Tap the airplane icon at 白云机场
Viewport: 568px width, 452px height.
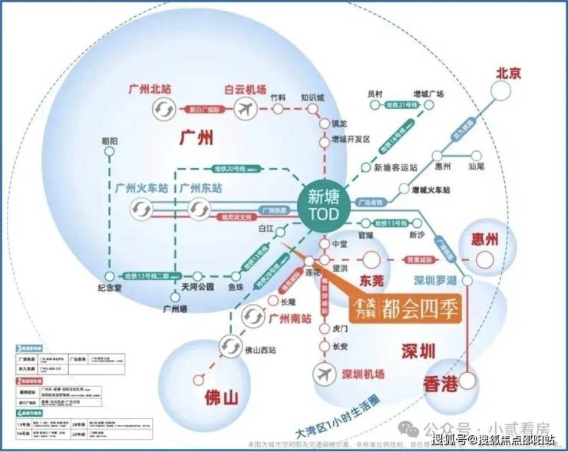tap(246, 110)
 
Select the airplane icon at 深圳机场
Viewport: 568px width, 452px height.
tap(326, 374)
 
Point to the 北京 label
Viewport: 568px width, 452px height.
tap(509, 74)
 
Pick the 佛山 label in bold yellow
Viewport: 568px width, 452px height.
tap(223, 398)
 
